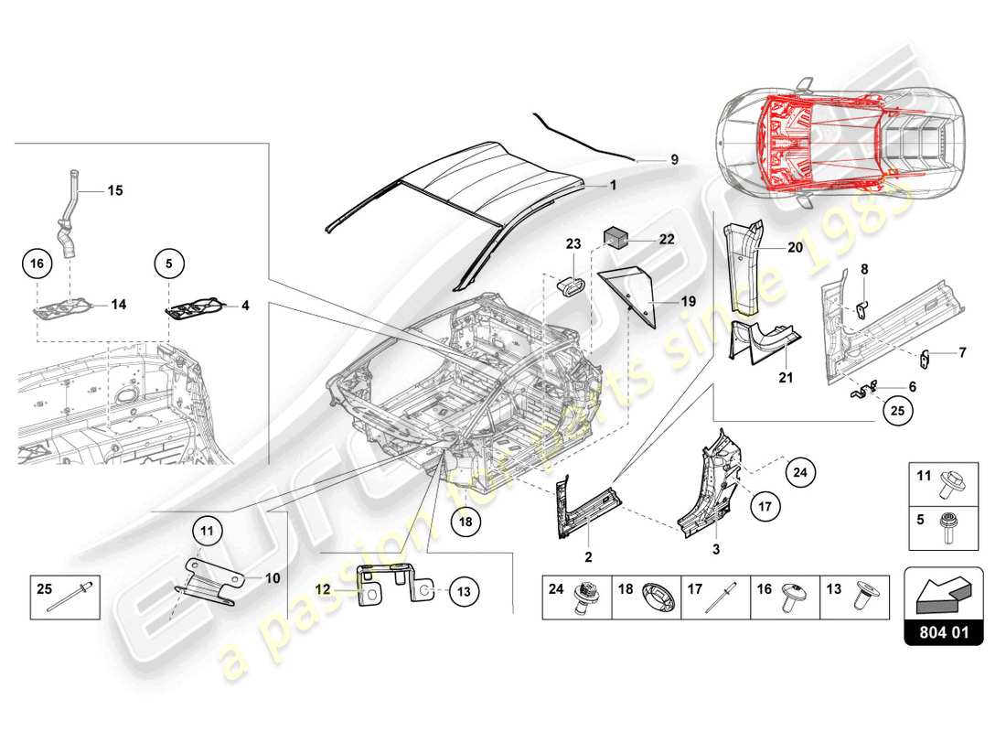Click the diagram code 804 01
[x=944, y=630]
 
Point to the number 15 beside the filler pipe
[x=115, y=190]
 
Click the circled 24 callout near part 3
[x=799, y=473]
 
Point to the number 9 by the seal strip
[x=674, y=159]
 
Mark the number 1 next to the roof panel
[x=614, y=184]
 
